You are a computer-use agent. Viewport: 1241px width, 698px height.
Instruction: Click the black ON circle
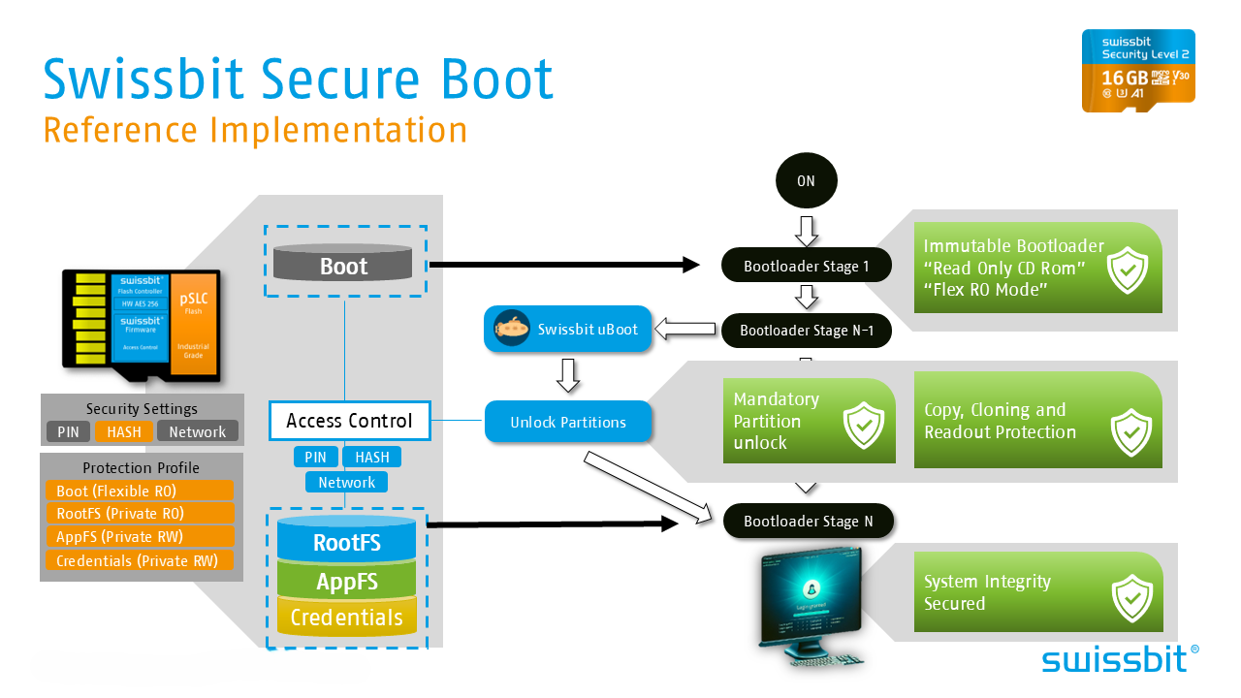(x=807, y=181)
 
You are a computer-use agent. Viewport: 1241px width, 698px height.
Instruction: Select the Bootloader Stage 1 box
(x=807, y=266)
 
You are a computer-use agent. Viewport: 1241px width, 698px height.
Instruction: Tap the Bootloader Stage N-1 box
(x=807, y=331)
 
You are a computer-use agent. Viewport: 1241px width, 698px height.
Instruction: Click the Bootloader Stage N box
(x=808, y=521)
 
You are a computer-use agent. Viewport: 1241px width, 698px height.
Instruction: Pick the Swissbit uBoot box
(x=568, y=330)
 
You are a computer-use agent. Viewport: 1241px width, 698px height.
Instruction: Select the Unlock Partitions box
(x=568, y=422)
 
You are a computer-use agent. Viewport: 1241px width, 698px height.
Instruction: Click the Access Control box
(x=349, y=421)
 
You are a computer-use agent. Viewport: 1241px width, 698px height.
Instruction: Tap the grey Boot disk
(x=343, y=266)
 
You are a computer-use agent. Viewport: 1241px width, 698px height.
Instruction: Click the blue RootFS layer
(x=346, y=542)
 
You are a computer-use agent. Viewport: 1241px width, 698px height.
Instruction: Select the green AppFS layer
(x=346, y=582)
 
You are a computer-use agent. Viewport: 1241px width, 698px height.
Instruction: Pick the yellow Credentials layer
(x=346, y=618)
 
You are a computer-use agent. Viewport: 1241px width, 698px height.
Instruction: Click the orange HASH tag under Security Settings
(x=124, y=431)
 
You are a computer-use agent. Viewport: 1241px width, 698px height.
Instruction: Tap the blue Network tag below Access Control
(x=346, y=482)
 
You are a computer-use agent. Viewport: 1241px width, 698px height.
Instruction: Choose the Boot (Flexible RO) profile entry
(x=140, y=491)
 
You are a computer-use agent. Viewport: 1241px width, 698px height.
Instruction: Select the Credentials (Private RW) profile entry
(x=140, y=560)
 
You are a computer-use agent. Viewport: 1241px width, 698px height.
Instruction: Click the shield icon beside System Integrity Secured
(x=1131, y=599)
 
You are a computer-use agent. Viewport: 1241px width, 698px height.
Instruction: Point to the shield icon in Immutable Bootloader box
(x=1129, y=270)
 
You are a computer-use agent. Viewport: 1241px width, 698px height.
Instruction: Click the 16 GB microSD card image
(x=1138, y=70)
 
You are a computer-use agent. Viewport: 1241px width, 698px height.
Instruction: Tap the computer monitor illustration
(x=811, y=606)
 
